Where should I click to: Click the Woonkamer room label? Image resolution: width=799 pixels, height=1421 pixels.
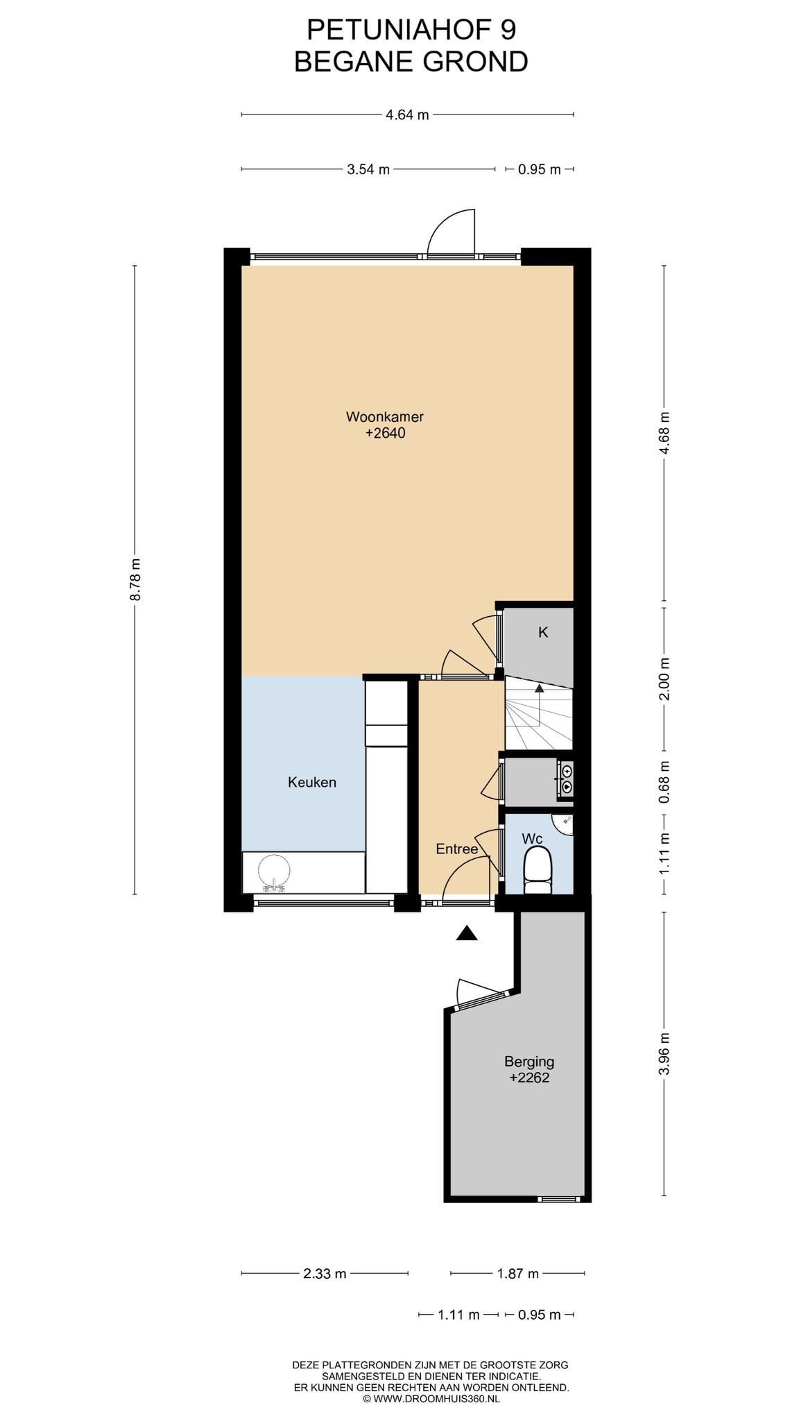point(385,417)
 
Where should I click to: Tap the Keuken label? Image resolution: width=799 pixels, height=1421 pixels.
point(312,783)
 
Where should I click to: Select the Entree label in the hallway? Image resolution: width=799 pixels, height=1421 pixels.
point(457,849)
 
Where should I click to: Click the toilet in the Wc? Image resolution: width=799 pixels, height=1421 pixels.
point(538,873)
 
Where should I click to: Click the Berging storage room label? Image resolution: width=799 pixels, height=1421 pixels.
point(529,1061)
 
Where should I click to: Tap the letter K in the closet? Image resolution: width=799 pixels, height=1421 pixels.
point(544,632)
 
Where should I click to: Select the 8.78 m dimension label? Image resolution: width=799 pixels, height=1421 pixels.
point(135,580)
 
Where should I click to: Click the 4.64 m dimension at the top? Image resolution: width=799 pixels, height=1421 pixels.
point(407,115)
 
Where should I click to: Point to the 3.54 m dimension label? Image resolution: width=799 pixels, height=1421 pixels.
point(368,169)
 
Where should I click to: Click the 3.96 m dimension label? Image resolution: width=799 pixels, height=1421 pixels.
point(665,1053)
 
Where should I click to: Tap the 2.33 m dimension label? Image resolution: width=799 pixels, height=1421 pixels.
point(324,1274)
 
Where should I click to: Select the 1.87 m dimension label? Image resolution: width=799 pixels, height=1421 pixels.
point(517,1274)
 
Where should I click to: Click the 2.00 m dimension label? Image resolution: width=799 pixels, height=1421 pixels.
point(665,679)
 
